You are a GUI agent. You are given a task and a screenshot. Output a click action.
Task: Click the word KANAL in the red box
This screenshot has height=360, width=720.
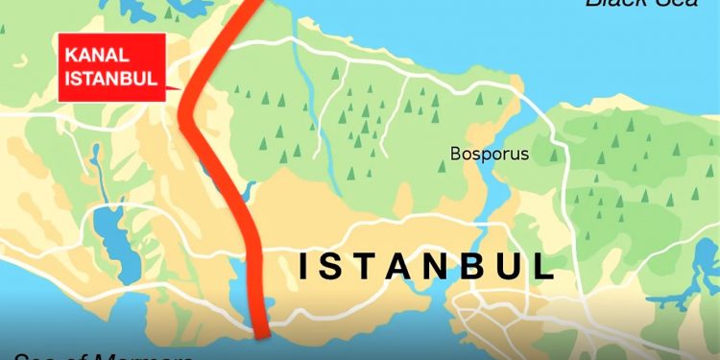(x=90, y=58)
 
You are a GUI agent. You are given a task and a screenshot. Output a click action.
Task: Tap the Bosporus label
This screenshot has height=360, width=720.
(x=490, y=154)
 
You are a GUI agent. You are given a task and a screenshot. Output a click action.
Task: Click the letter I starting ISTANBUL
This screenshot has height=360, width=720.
(x=305, y=266)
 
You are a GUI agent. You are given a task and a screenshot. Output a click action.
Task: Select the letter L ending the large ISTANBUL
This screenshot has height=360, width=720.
(x=543, y=266)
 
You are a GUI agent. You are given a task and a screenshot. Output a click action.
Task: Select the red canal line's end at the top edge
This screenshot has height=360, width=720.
(x=248, y=4)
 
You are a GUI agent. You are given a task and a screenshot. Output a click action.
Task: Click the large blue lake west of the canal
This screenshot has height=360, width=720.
(x=113, y=240)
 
